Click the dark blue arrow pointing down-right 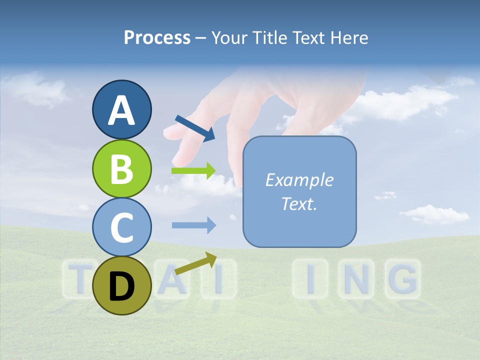[x=195, y=127]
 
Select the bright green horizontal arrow [x=193, y=171]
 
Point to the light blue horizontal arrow [x=193, y=225]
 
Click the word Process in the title [x=157, y=38]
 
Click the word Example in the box [x=299, y=180]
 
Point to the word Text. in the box [x=299, y=203]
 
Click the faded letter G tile [x=402, y=278]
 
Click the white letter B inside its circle [x=121, y=168]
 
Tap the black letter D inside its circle [x=121, y=286]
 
